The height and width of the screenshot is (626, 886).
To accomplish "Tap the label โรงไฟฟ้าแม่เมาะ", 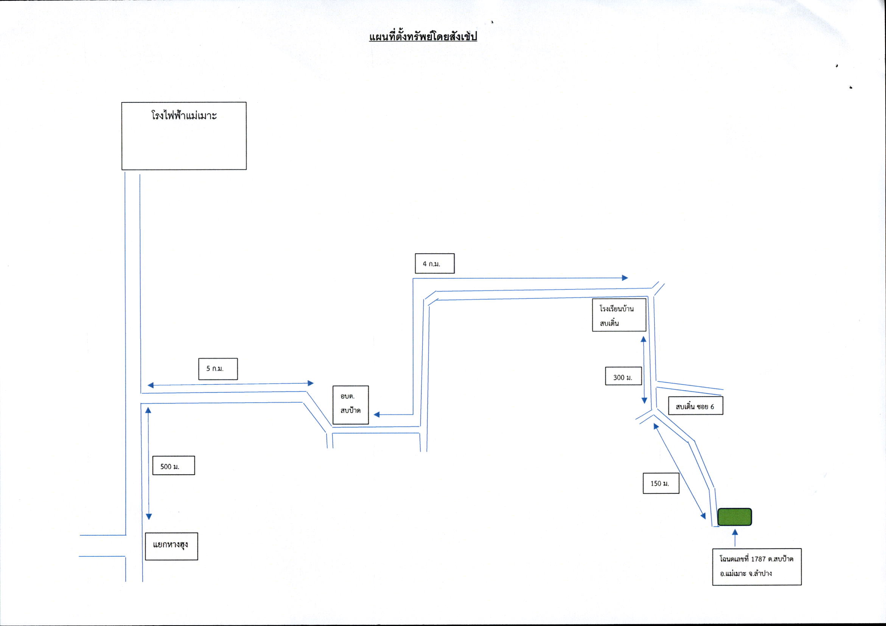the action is (184, 115).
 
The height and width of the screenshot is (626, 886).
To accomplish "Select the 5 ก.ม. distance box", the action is (218, 369).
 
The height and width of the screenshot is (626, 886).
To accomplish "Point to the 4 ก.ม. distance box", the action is (435, 264).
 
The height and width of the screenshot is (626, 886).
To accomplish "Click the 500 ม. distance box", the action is (174, 466).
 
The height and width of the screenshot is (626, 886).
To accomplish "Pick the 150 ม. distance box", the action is (661, 483).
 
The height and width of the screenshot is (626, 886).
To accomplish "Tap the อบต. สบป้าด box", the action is (350, 404).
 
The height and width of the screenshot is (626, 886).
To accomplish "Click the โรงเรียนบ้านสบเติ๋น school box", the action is (619, 315).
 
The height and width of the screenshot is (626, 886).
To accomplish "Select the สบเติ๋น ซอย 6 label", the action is (695, 406).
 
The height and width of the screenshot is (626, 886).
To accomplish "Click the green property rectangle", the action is (735, 517).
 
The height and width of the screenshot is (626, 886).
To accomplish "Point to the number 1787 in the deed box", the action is (758, 559).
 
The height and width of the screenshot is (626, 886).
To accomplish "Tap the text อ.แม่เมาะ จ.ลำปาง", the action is (746, 573).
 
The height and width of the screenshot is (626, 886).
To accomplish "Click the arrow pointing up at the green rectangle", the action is (735, 537).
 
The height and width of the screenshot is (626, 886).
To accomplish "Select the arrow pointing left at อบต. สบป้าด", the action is (393, 415).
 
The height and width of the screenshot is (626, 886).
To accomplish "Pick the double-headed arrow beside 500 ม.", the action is (149, 463).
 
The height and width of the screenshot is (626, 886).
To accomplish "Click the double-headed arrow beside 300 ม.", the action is (644, 370).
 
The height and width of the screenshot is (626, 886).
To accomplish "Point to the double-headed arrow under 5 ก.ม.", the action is (231, 384).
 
